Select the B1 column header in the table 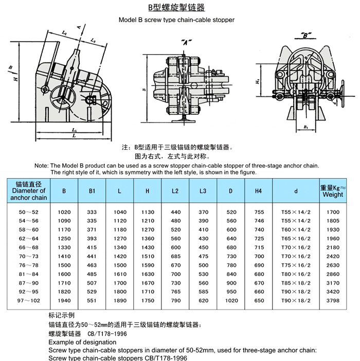(x=92, y=191)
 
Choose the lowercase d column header (x=296, y=191)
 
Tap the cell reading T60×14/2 (x=296, y=229)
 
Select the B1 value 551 (x=92, y=299)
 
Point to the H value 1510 (x=147, y=255)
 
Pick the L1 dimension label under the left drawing (x=74, y=130)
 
